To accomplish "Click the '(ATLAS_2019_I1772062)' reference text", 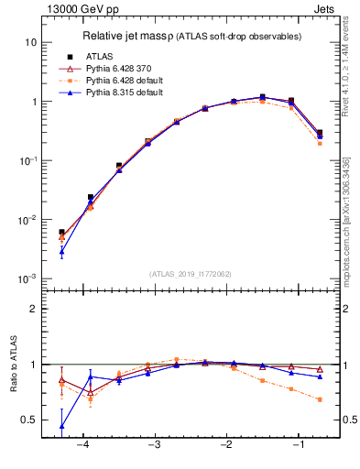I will point(191,273).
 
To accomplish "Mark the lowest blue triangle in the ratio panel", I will point(61,426).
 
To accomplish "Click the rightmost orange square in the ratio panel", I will point(320,399).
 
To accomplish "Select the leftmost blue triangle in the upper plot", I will point(61,250).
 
